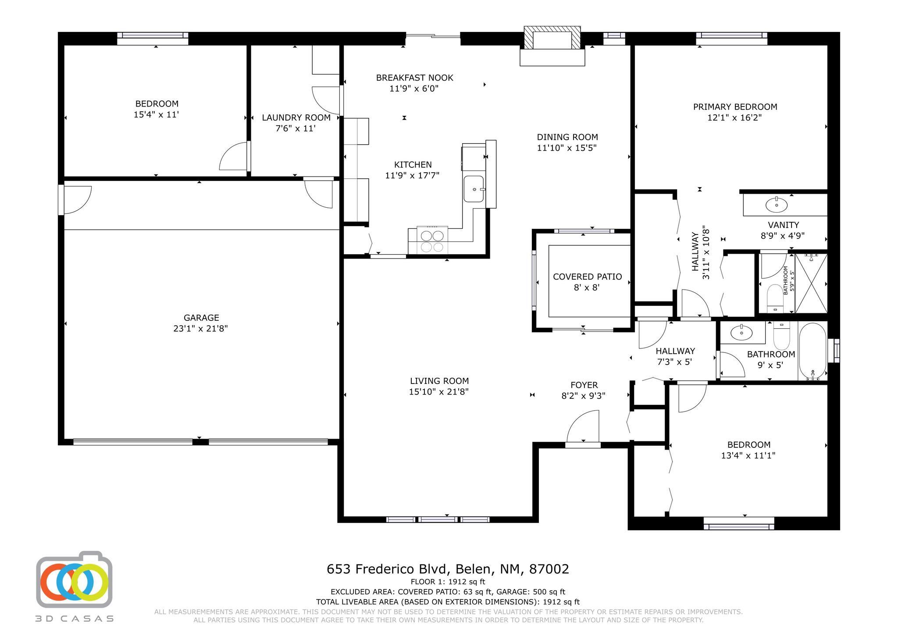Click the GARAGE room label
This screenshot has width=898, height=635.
[201, 318]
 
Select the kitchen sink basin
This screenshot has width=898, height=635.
[474, 189]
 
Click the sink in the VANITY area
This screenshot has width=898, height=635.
[776, 204]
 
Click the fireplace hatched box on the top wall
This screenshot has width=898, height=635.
[552, 38]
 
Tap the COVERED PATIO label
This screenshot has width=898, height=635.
[587, 277]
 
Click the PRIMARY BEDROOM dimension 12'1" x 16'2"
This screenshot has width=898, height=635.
[734, 117]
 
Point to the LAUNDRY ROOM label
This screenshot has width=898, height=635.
[296, 117]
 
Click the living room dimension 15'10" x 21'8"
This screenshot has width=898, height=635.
[439, 392]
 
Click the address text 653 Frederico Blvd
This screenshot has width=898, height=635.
[388, 569]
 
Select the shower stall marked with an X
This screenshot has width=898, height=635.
[811, 284]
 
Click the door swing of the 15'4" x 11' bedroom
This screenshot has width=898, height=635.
[233, 156]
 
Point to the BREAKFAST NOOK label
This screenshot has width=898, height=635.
[414, 78]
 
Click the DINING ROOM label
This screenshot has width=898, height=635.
[567, 137]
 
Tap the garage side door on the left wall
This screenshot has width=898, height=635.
[75, 200]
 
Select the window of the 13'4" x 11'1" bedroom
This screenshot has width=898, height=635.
[739, 523]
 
